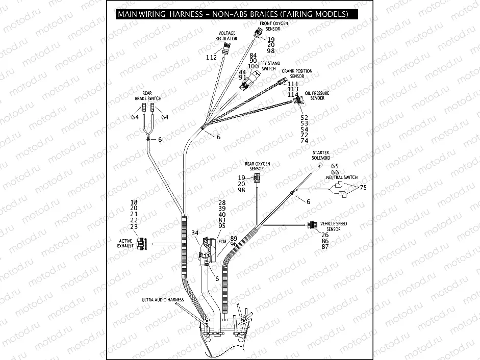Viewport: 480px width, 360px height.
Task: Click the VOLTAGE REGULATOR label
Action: pos(226,36)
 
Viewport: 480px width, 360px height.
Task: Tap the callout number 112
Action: pos(211,58)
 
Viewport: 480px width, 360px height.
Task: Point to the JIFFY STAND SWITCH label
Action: pos(269,66)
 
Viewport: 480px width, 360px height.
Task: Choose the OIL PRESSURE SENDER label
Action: pos(317,96)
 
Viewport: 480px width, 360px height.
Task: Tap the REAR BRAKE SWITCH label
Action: pos(148,95)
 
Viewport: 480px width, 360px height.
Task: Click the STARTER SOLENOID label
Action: pos(321,155)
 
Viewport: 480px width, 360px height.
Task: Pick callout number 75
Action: pos(363,188)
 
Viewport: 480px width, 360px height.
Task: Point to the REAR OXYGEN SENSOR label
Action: pos(257,166)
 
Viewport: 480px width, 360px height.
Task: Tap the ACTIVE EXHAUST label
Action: pos(126,243)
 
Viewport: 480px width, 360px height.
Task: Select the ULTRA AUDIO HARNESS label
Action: pos(163,300)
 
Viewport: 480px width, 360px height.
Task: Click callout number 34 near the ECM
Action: pos(194,233)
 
